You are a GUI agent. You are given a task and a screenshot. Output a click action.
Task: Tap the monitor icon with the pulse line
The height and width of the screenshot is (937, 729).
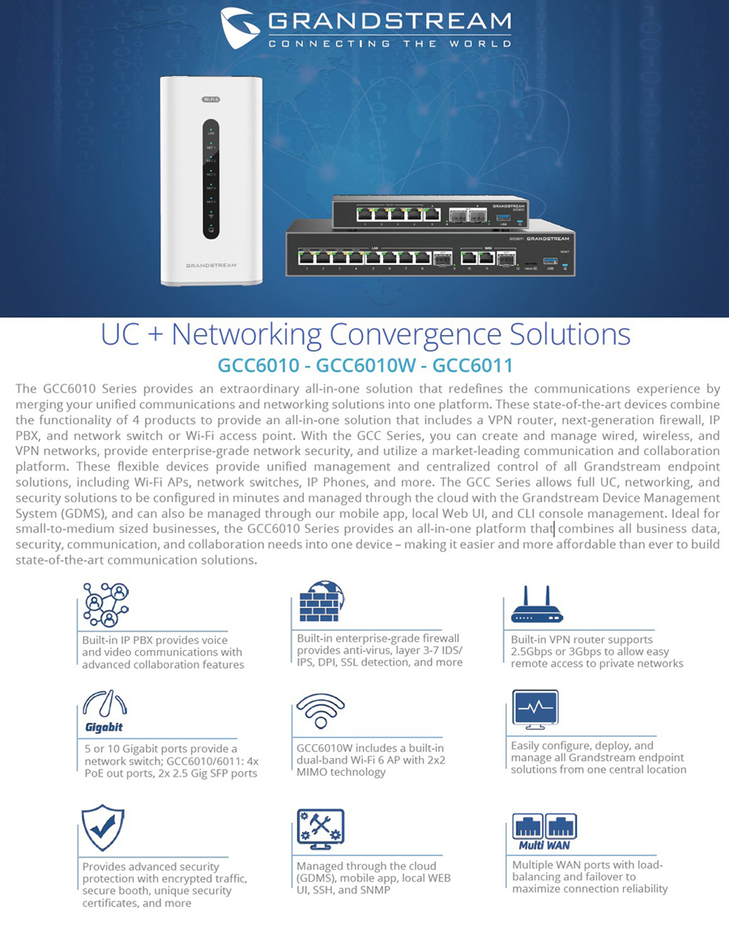point(535,709)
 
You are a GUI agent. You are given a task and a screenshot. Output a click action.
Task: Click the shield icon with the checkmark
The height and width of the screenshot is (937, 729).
point(104,828)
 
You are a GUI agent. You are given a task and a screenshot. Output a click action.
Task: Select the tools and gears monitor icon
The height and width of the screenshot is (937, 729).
point(320,828)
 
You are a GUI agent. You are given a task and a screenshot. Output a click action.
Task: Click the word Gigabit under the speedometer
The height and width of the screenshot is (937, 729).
point(104,727)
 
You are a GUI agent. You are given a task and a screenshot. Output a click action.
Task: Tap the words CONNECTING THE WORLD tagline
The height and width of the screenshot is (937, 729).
point(390,44)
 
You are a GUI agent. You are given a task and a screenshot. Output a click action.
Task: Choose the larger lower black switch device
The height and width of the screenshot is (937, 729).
point(429,254)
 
